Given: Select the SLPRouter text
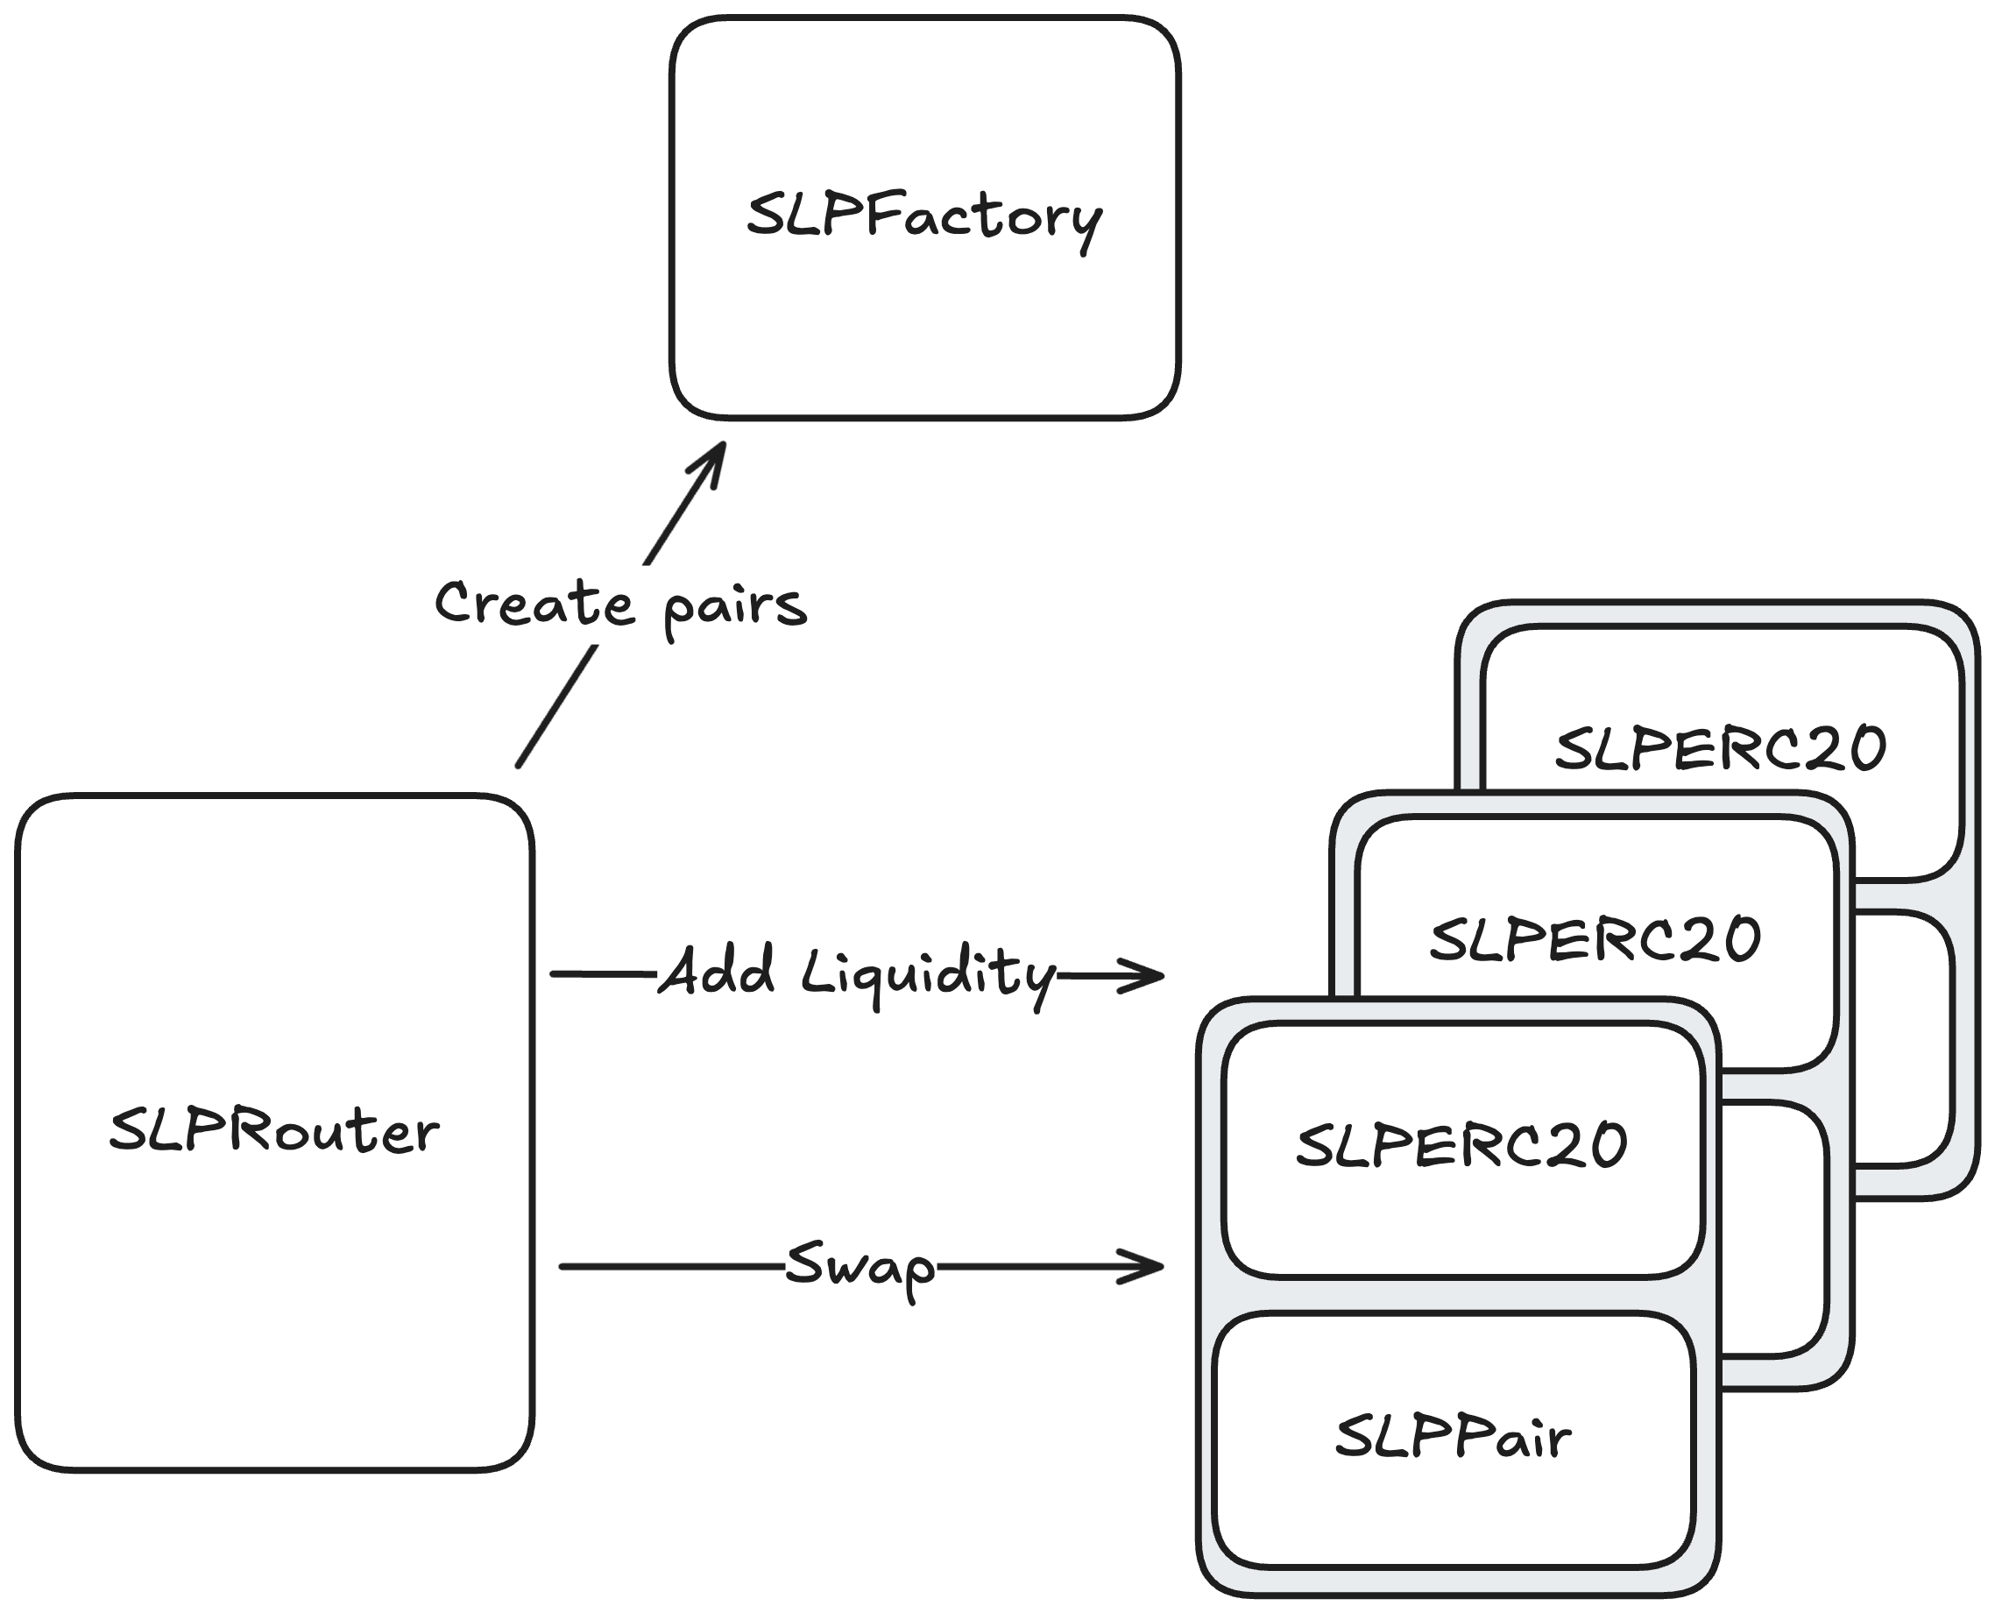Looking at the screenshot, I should [274, 1132].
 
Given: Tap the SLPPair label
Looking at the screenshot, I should [1453, 1438].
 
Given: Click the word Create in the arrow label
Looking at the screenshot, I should [534, 603].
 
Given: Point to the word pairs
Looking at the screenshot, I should [735, 608].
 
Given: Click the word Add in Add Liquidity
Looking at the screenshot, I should [717, 972].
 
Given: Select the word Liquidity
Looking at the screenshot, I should [928, 973].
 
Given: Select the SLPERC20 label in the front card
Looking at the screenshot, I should [1461, 1146].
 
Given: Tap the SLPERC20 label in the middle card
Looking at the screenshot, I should [1595, 939].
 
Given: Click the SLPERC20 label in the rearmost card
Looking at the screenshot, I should [1721, 749].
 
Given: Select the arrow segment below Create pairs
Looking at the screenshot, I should [555, 707].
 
